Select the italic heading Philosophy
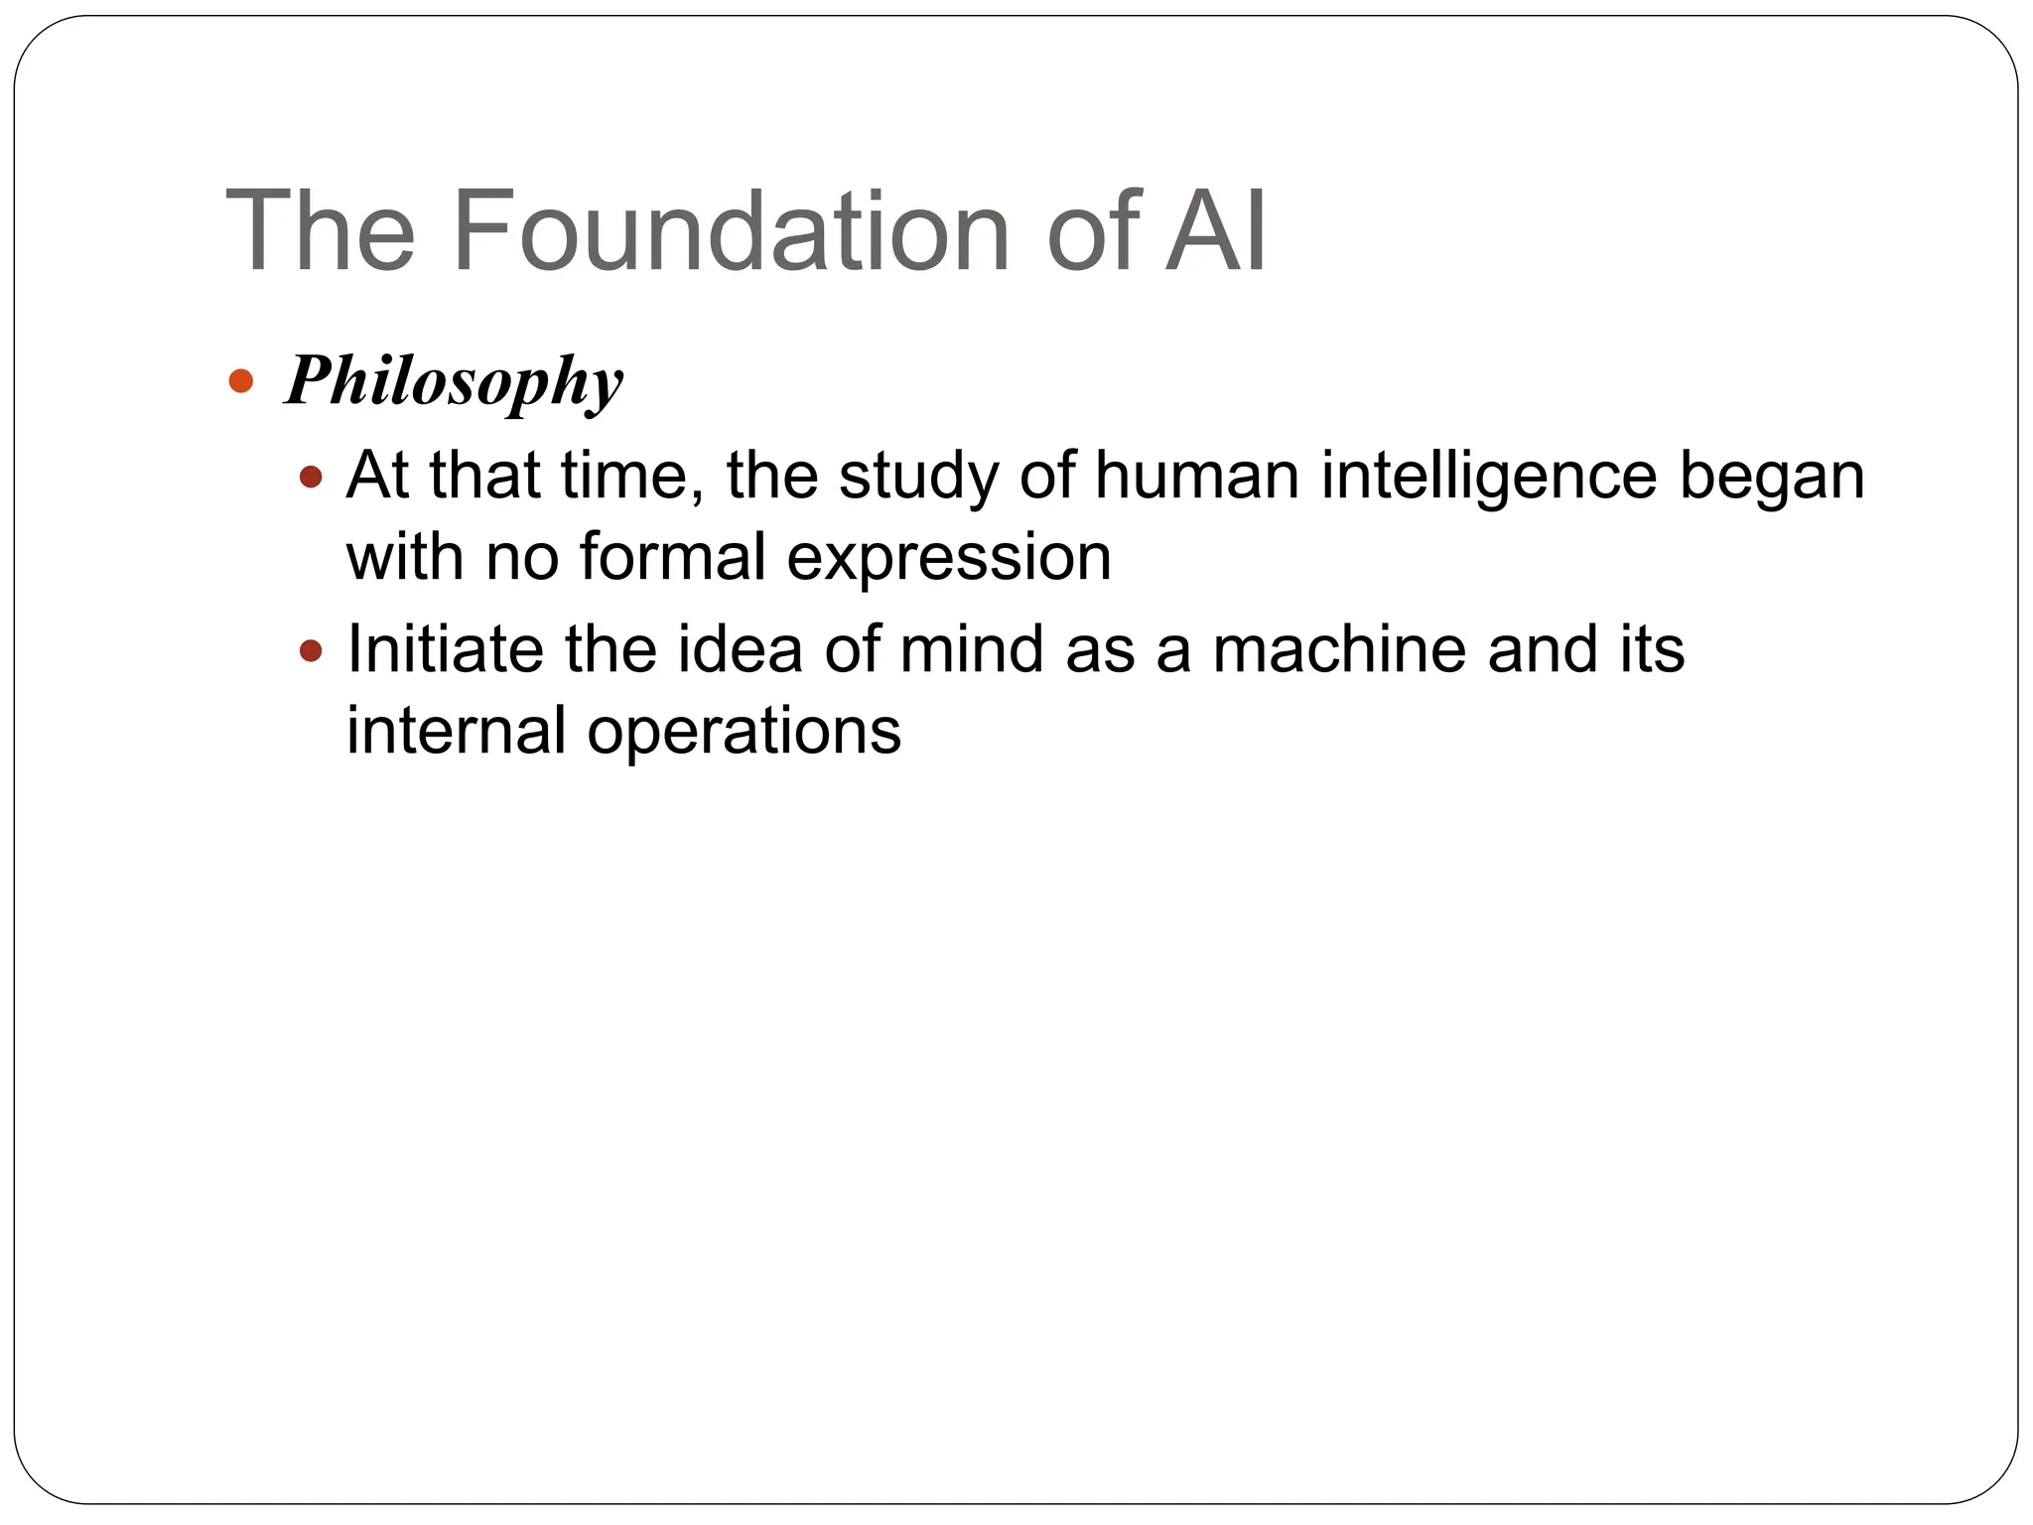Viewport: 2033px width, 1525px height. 454,382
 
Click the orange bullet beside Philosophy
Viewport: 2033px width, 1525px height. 240,380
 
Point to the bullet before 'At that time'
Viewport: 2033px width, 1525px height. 312,478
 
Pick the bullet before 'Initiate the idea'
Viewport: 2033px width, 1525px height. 312,651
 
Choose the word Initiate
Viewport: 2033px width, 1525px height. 444,649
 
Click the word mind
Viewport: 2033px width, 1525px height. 972,649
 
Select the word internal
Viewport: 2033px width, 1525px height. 457,731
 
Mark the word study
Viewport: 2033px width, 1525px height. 918,478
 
